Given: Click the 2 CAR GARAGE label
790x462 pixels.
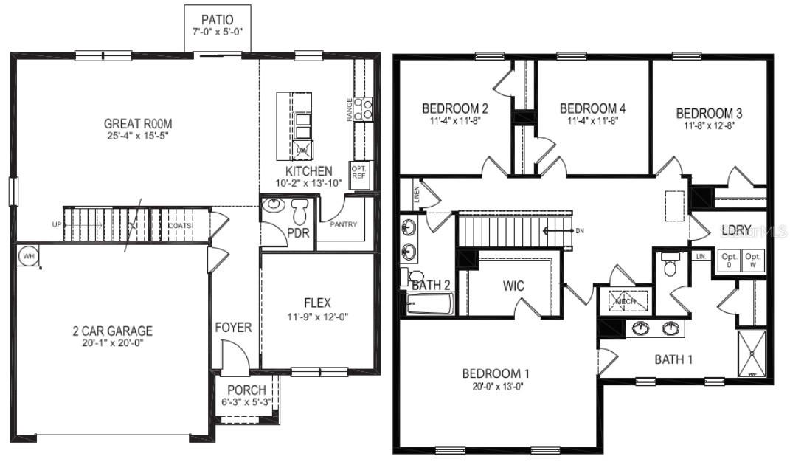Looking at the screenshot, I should (108, 331).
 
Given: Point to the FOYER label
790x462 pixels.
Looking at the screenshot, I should (233, 327).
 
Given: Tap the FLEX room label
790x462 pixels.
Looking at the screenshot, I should (317, 303).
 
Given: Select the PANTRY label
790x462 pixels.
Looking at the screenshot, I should (344, 224).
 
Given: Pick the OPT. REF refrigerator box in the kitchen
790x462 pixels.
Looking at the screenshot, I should (358, 171).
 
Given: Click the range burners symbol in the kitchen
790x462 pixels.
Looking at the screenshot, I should (362, 109).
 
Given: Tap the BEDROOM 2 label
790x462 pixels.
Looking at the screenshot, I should (455, 108).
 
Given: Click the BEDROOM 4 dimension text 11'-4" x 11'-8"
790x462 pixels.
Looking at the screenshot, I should (592, 120).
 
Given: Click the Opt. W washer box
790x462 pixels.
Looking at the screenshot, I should (752, 260).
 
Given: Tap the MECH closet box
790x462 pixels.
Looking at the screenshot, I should (626, 301).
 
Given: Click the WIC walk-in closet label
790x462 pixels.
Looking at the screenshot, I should (513, 285).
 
